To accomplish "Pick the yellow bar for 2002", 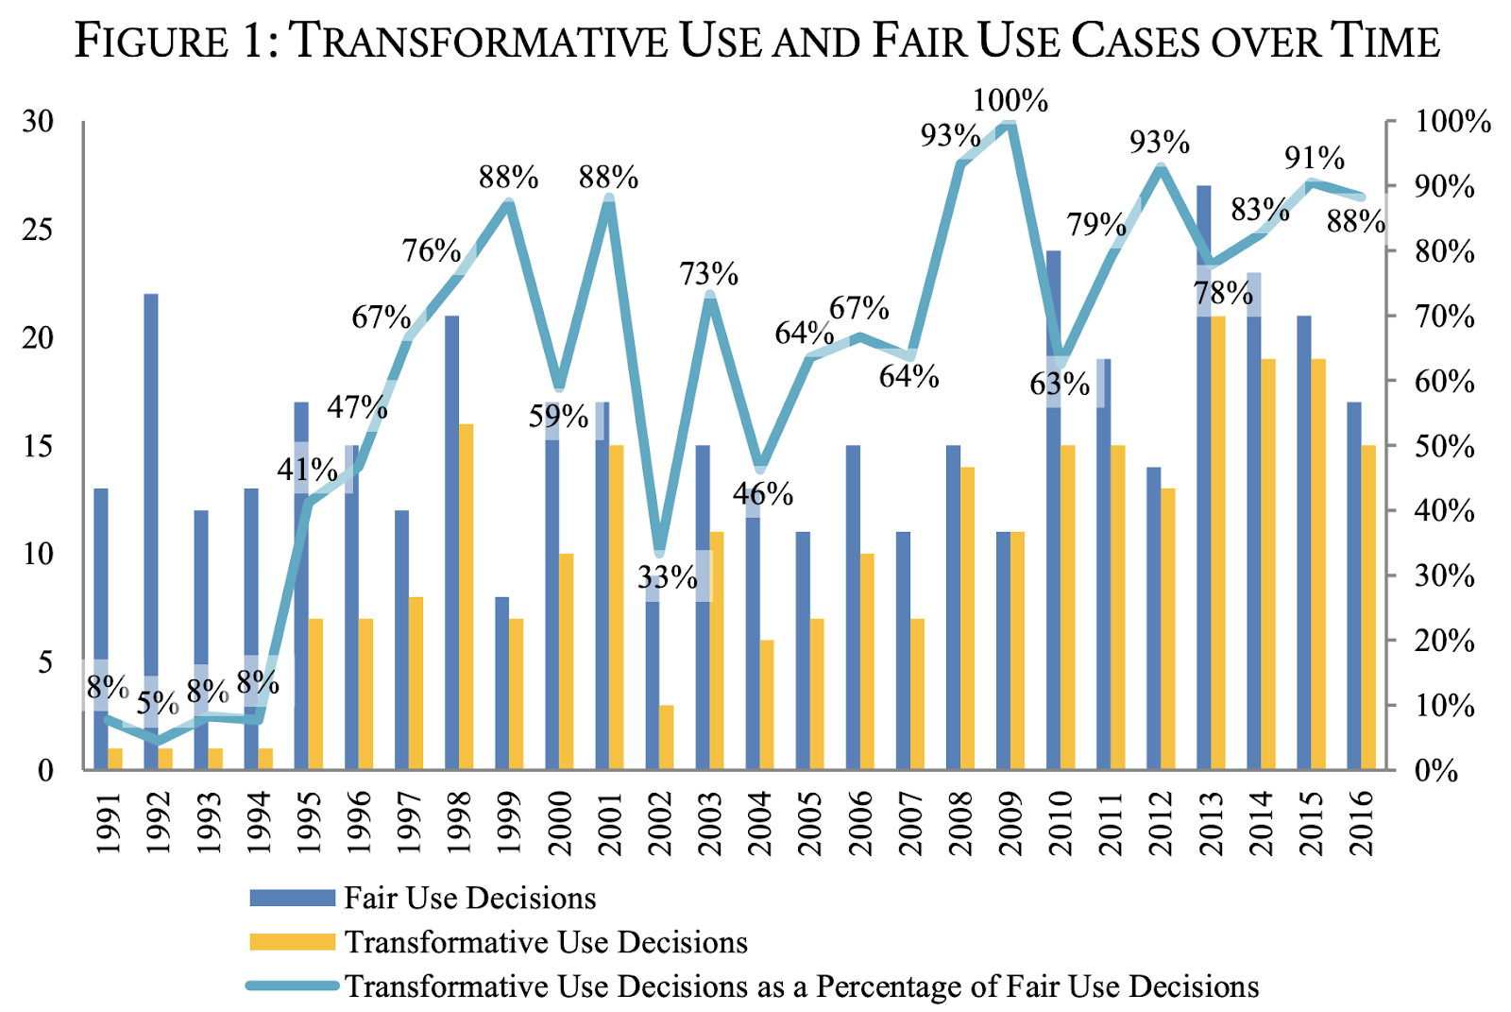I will click(667, 737).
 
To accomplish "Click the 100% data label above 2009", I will click(1010, 100).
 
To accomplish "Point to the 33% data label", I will click(667, 576).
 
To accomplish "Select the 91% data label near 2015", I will click(1315, 158).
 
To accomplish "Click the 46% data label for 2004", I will click(763, 493).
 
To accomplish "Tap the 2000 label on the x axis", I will click(560, 823).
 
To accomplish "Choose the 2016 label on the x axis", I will click(1362, 823).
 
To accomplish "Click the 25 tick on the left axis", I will click(39, 230).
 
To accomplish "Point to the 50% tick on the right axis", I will click(1444, 446).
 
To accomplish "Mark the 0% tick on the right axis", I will click(1436, 771).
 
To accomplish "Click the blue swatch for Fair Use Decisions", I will click(292, 898).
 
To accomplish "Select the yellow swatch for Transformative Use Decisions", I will click(292, 942).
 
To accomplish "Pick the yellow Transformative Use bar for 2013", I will click(1218, 543).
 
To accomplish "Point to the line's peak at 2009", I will click(1010, 125).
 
